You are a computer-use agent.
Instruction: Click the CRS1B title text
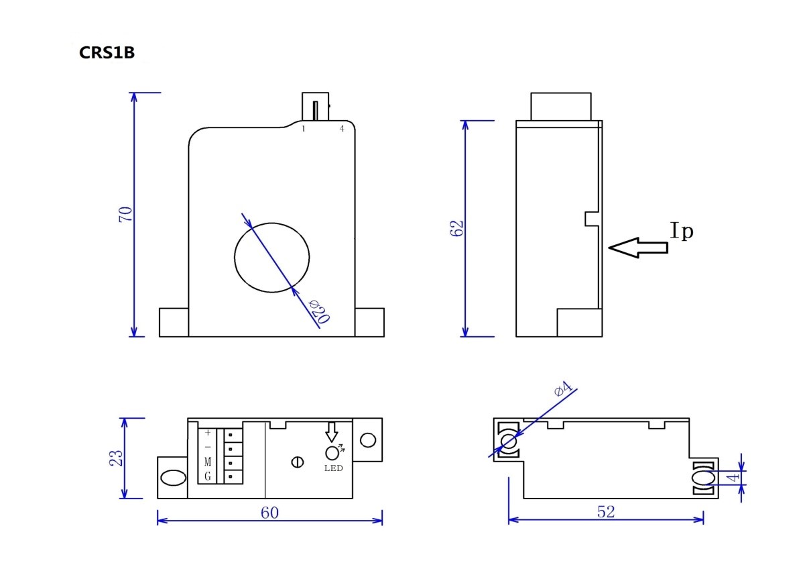107,53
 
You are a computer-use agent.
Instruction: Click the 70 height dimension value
125,215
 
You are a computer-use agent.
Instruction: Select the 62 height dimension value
458,228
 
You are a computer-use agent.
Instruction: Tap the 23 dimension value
116,458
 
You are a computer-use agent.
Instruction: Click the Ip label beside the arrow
682,231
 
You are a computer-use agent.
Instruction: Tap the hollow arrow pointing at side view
638,248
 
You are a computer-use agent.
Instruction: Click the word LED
332,468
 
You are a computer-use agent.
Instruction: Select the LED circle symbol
331,453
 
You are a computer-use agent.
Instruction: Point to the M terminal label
208,462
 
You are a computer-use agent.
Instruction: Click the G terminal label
208,476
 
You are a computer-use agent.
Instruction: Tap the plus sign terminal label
208,433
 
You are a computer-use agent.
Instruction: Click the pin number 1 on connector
304,128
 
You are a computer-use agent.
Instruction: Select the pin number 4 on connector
342,128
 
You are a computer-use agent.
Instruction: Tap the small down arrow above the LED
331,431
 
